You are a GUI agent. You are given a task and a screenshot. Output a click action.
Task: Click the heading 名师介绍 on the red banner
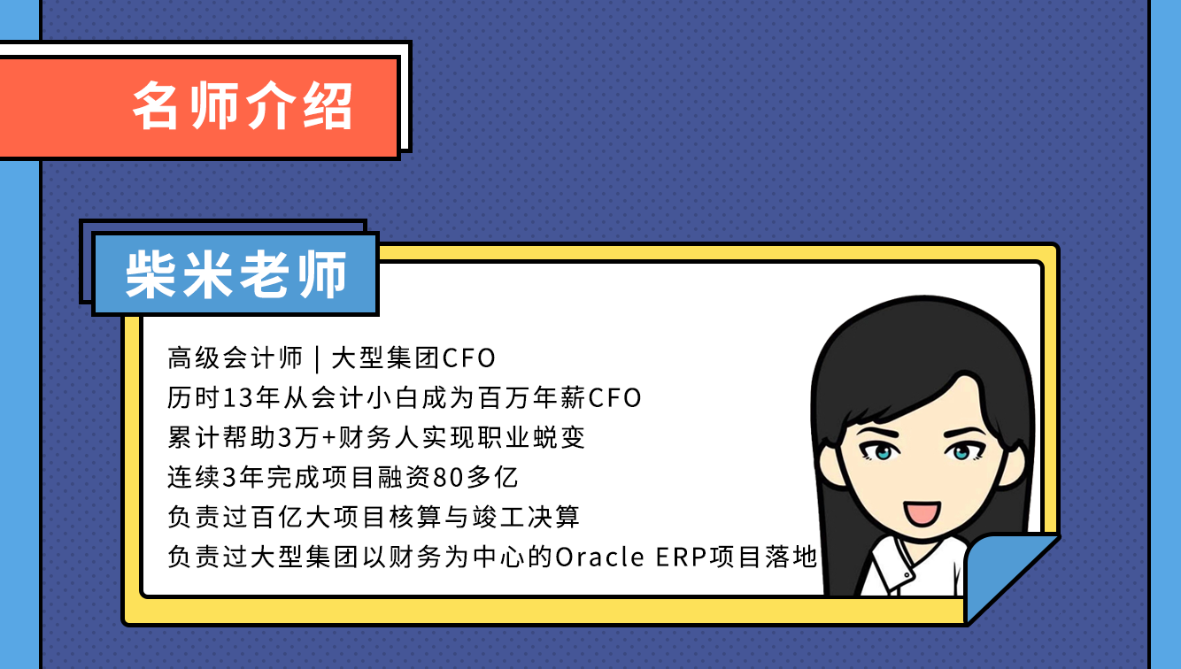(242, 106)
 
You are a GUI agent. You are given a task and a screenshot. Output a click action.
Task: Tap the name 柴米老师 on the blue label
(236, 274)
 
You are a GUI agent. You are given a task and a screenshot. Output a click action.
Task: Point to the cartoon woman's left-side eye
(879, 451)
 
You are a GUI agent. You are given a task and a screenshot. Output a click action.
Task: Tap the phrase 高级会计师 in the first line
(235, 358)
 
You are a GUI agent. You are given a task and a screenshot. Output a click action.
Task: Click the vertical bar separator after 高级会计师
(318, 358)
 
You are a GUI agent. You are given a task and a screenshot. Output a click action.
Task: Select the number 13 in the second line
(235, 397)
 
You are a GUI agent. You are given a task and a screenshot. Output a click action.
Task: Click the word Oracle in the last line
(600, 557)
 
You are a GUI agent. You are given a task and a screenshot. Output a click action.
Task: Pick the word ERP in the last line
(681, 557)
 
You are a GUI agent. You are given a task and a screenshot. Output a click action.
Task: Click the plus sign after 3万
(328, 438)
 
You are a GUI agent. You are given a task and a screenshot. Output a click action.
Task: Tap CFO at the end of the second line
(614, 398)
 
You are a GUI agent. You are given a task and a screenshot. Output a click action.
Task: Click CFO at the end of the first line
(468, 358)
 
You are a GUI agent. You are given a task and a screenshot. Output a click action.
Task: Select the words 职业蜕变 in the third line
(531, 437)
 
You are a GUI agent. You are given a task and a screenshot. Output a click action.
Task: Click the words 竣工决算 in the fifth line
(526, 517)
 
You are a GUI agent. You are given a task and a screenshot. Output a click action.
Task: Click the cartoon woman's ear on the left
(830, 466)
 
